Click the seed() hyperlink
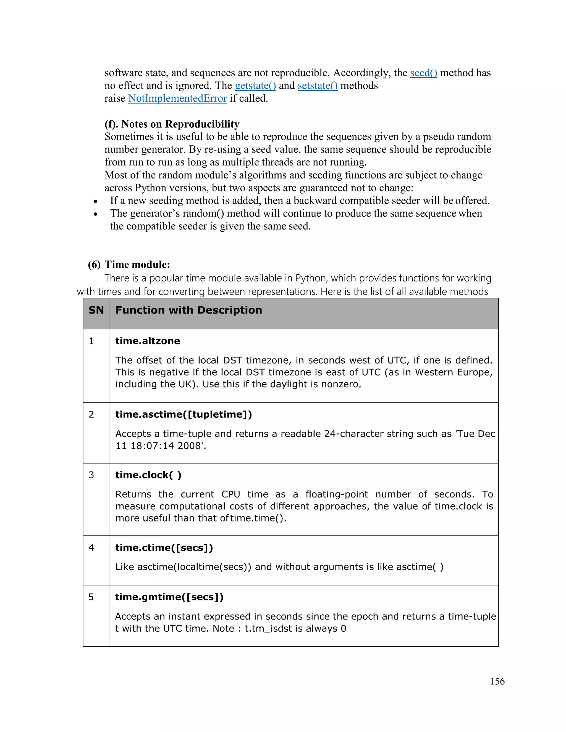pos(423,73)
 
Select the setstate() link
pos(317,86)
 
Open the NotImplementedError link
pos(177,99)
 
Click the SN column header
pos(96,310)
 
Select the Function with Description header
pos(188,310)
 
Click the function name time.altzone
pos(148,341)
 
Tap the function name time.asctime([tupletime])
pos(184,414)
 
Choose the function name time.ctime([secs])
pos(164,548)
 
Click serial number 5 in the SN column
pos(91,597)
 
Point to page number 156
pos(497,681)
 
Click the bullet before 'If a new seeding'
pos(96,201)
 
